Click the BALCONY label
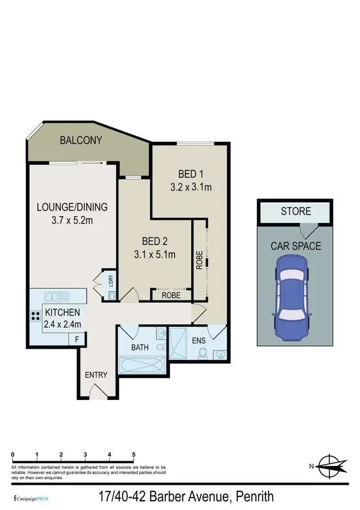click(x=81, y=140)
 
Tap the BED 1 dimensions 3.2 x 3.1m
click(x=191, y=187)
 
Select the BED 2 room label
click(x=154, y=241)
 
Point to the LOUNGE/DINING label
click(x=72, y=207)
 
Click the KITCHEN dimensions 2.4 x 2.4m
click(x=62, y=324)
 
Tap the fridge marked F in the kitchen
click(x=76, y=339)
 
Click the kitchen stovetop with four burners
click(x=36, y=316)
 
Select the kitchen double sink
click(x=58, y=295)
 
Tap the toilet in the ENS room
click(x=203, y=353)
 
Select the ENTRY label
click(x=96, y=375)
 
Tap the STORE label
click(x=296, y=211)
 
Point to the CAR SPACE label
click(x=296, y=246)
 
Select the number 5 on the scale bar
click(x=133, y=454)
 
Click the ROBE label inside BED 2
click(x=171, y=295)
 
